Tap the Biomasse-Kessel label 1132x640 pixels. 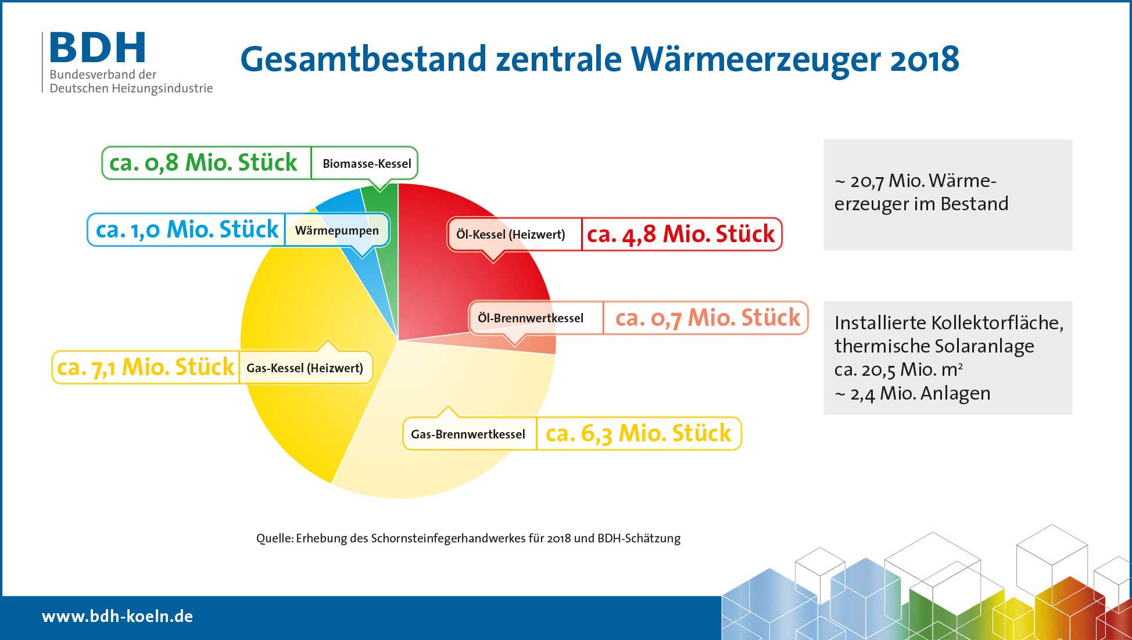pos(367,164)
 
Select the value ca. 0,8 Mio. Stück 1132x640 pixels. pos(203,163)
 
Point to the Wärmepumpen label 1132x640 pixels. pos(337,231)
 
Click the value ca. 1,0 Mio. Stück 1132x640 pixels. pos(187,229)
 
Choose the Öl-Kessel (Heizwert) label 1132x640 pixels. pos(511,235)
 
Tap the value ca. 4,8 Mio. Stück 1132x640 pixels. pos(681,234)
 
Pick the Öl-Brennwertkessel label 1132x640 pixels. pos(531,318)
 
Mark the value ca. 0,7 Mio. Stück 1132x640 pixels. pos(708,318)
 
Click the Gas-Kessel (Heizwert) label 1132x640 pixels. pos(305,368)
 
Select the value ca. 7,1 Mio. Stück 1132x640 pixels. pos(145,367)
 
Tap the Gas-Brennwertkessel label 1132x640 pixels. pos(468,434)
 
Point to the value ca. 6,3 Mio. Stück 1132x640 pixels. pos(638,433)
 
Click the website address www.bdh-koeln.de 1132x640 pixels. pos(117,616)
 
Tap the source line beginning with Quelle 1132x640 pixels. pos(468,538)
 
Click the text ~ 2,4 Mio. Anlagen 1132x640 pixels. pos(912,394)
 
